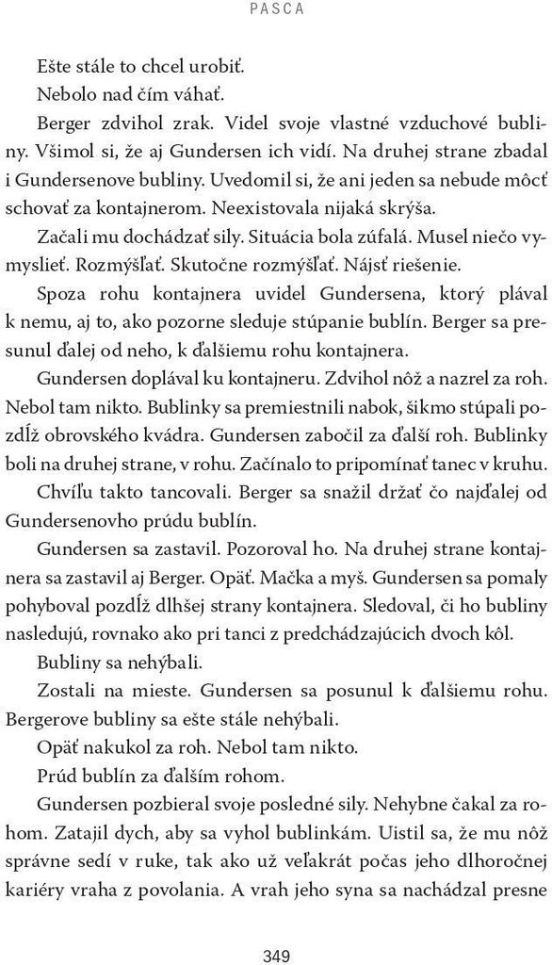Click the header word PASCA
277,9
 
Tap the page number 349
276,931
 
